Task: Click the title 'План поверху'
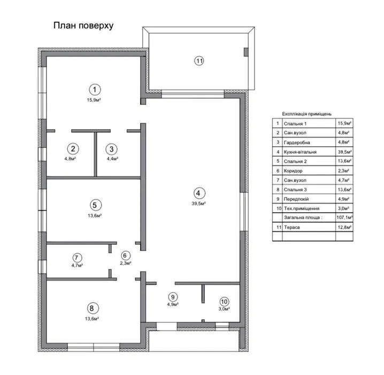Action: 83,26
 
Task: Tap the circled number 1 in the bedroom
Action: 95,90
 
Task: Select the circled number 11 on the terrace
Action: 199,61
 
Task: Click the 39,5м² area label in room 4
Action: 198,204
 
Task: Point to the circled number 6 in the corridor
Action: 125,256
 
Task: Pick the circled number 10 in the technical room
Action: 224,302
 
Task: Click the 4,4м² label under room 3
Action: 112,159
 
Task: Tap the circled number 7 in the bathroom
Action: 77,258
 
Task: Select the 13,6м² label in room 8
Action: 92,319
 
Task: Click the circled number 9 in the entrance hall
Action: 173,297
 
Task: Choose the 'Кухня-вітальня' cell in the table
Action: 300,152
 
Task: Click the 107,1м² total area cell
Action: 344,217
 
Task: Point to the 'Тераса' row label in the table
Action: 291,227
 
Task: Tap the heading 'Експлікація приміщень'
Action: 306,114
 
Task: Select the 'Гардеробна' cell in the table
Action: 297,142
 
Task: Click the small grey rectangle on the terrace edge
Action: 246,52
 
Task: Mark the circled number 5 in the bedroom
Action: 96,205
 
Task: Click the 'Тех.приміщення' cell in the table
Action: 302,208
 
